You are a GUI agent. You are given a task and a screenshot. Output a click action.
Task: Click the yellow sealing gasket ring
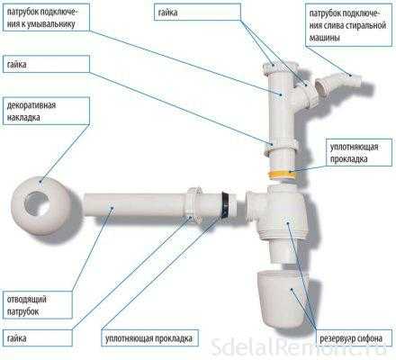tap(281, 175)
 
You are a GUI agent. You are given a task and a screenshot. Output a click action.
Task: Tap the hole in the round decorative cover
tap(37, 203)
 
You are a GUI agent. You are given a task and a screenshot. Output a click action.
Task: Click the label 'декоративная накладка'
tap(31, 112)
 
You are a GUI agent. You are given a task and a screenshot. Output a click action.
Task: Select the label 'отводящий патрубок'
tap(26, 305)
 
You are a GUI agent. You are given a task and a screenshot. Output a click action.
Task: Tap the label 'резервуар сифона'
tap(351, 339)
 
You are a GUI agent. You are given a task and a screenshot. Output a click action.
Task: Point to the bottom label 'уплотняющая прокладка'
tap(148, 338)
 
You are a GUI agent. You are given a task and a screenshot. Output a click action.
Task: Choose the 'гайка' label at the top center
tap(167, 13)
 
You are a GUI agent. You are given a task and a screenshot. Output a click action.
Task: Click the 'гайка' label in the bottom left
tap(16, 338)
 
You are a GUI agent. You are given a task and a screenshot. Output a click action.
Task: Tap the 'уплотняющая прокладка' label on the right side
tap(354, 153)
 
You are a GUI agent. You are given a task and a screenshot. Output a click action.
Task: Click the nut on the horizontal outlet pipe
tap(194, 204)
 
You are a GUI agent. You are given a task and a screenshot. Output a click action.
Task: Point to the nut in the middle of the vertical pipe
tap(281, 146)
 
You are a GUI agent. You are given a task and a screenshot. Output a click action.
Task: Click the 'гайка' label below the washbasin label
tap(16, 65)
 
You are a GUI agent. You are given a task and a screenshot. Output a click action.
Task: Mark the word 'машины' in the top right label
tap(324, 39)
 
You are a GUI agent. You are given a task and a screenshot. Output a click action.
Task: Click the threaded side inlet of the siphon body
tap(253, 205)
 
